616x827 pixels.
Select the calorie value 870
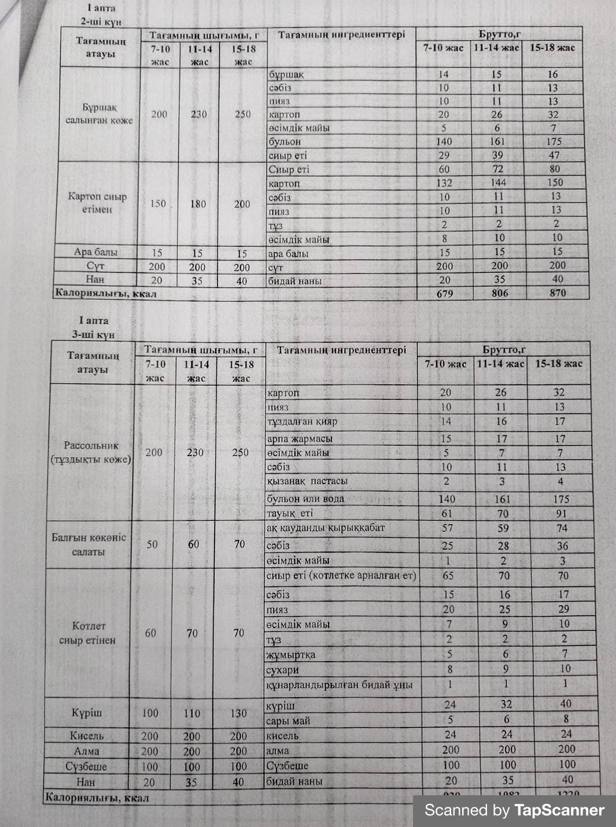point(558,292)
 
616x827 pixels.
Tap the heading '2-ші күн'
point(101,21)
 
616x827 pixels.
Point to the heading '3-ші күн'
point(93,335)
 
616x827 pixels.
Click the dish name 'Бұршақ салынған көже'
point(99,114)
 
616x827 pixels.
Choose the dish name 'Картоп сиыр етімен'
point(97,203)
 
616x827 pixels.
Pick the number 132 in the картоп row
point(444,183)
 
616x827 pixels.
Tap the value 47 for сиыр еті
point(554,155)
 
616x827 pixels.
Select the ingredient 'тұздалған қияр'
point(302,421)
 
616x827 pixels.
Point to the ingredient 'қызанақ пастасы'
point(307,481)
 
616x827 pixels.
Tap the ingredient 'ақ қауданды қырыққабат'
point(326,528)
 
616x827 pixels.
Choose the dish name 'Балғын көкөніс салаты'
point(88,544)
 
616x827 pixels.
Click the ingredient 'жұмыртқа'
point(290,655)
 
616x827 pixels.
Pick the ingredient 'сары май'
point(288,721)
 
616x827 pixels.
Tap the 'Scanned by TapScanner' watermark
point(514,810)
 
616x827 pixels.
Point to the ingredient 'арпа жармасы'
point(300,439)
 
